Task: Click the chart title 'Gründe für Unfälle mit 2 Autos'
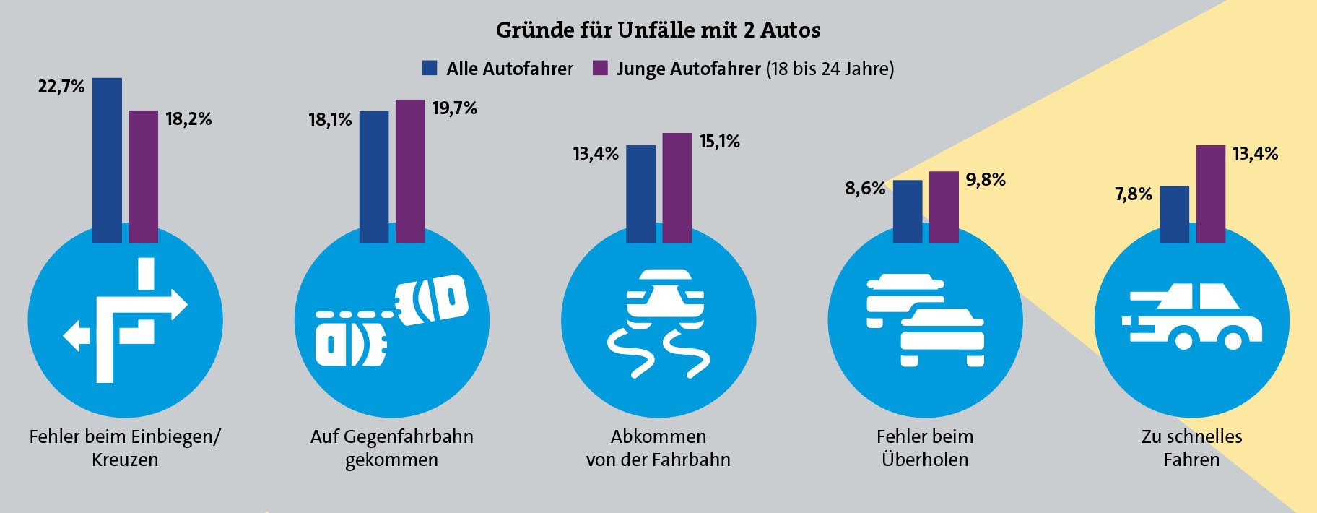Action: (x=658, y=30)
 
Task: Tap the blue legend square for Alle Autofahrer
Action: (x=430, y=68)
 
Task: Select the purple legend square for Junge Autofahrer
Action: (x=600, y=68)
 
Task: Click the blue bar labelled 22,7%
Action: (x=107, y=159)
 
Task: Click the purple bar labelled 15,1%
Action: (x=677, y=187)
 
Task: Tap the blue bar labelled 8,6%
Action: (x=908, y=211)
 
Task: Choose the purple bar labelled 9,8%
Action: (x=944, y=207)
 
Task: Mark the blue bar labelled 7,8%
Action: (x=1174, y=214)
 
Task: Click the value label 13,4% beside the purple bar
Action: (x=1255, y=153)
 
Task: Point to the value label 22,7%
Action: (x=61, y=87)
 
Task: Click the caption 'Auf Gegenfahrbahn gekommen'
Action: (x=391, y=448)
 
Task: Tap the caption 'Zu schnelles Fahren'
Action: (x=1191, y=448)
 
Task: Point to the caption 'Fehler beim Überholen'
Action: (x=925, y=448)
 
